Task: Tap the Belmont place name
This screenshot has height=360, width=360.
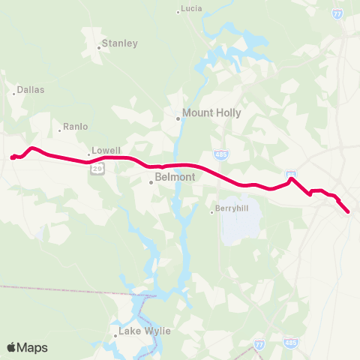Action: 175,177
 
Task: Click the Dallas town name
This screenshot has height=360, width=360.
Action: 31,89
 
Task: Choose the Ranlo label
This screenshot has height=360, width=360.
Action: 76,127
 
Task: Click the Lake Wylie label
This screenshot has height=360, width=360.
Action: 145,331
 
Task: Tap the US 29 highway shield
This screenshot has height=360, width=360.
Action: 97,169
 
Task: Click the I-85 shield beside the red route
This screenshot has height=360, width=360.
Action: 290,175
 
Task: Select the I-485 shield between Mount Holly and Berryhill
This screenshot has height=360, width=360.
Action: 226,154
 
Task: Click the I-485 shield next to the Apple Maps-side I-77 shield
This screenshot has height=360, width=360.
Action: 291,343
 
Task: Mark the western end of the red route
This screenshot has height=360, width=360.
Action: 12,157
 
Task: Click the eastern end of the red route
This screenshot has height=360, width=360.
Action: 349,212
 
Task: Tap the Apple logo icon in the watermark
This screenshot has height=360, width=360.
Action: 11,347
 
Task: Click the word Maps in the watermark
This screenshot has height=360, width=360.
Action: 34,347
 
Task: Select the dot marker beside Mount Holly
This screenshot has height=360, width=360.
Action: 178,118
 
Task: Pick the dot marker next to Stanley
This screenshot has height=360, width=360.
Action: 98,47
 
